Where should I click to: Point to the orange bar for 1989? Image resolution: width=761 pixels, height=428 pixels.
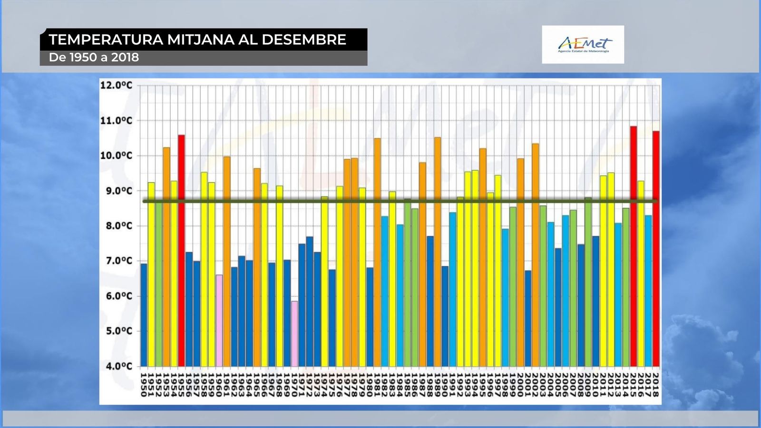pyautogui.click(x=438, y=252)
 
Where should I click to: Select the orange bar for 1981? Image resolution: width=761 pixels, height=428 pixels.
pyautogui.click(x=377, y=252)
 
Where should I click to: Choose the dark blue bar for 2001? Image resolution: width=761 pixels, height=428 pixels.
pyautogui.click(x=528, y=318)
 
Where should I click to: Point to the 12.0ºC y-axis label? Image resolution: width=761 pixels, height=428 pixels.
pyautogui.click(x=116, y=86)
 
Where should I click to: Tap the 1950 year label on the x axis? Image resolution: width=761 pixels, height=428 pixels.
pyautogui.click(x=144, y=384)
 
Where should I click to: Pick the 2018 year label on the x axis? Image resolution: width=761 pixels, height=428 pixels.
pyautogui.click(x=655, y=384)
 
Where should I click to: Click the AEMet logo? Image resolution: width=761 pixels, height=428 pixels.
pyautogui.click(x=583, y=45)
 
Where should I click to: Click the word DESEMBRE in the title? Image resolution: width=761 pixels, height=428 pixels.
pyautogui.click(x=304, y=39)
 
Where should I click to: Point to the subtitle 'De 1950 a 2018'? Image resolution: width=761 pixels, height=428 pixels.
pyautogui.click(x=94, y=58)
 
